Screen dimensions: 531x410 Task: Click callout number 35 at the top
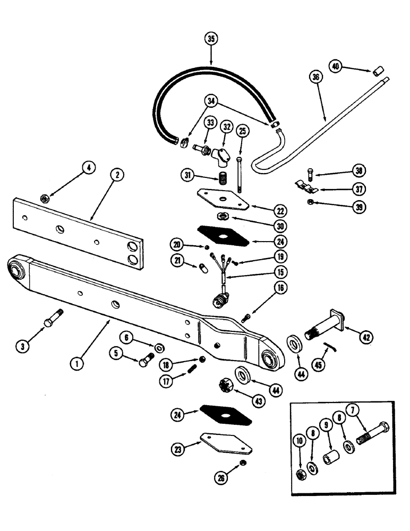click(211, 39)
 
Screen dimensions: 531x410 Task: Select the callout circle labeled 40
click(335, 66)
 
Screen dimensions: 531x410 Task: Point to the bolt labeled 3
click(53, 320)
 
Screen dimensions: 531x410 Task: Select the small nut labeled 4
click(45, 199)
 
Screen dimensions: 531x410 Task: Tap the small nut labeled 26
click(242, 463)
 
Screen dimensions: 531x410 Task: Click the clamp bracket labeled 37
click(307, 186)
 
